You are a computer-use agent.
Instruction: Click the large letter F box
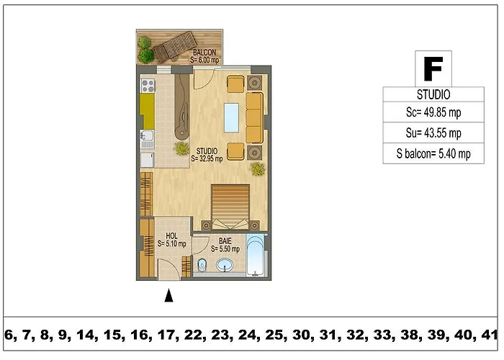coord(433,68)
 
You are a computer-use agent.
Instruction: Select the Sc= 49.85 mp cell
coord(433,112)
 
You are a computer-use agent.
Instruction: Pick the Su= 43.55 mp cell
coord(433,132)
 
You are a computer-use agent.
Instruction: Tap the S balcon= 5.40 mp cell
coord(433,153)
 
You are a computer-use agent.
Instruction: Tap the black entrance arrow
coord(168,295)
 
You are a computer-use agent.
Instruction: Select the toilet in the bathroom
coord(202,264)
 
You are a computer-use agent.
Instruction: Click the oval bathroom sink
coord(225,266)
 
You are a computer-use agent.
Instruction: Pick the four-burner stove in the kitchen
coord(148,86)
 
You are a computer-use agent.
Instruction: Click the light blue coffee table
coord(231,117)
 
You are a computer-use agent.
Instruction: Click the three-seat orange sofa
coord(255,117)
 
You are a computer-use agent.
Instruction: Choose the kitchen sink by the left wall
coord(147,139)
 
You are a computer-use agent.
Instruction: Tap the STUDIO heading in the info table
coord(433,94)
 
